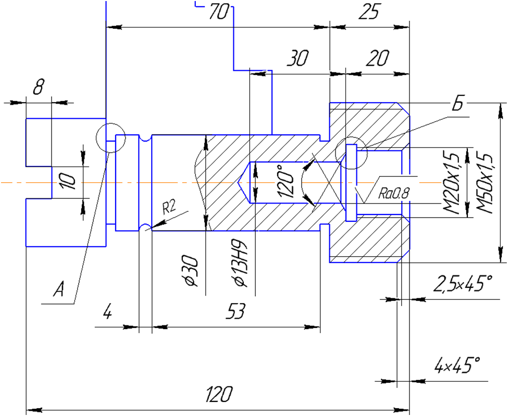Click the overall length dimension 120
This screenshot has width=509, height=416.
(x=219, y=394)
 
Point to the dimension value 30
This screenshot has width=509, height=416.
(x=297, y=58)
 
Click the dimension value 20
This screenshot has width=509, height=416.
(x=378, y=58)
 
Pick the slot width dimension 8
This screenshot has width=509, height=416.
(x=38, y=86)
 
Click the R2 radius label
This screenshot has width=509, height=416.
(x=169, y=207)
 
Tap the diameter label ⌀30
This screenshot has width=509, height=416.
(x=191, y=271)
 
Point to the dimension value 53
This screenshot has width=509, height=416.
(x=236, y=311)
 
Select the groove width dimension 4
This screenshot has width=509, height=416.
(x=107, y=312)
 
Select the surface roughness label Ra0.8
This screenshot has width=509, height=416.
(x=394, y=193)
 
